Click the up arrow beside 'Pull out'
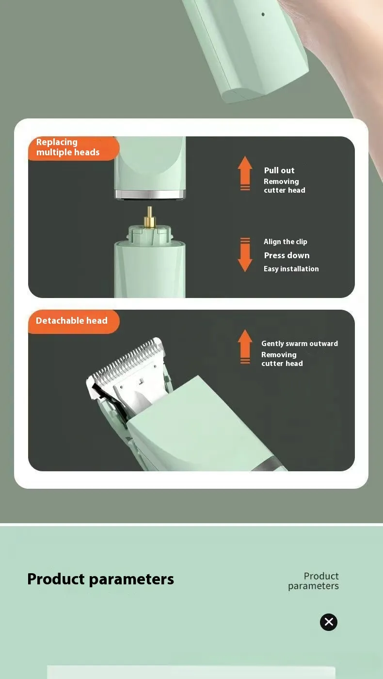(245, 173)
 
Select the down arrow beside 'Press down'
(245, 255)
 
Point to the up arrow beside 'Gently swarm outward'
(245, 346)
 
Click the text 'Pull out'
(279, 170)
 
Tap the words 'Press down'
(287, 255)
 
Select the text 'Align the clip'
(285, 242)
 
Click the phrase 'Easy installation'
(291, 269)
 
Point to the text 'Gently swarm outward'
(300, 344)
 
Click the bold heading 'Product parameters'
(100, 579)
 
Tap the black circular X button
(329, 622)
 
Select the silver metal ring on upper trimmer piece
(150, 195)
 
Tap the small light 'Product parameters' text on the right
(314, 581)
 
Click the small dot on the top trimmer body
(263, 15)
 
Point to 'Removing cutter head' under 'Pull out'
(284, 186)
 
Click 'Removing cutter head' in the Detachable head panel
(282, 359)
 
